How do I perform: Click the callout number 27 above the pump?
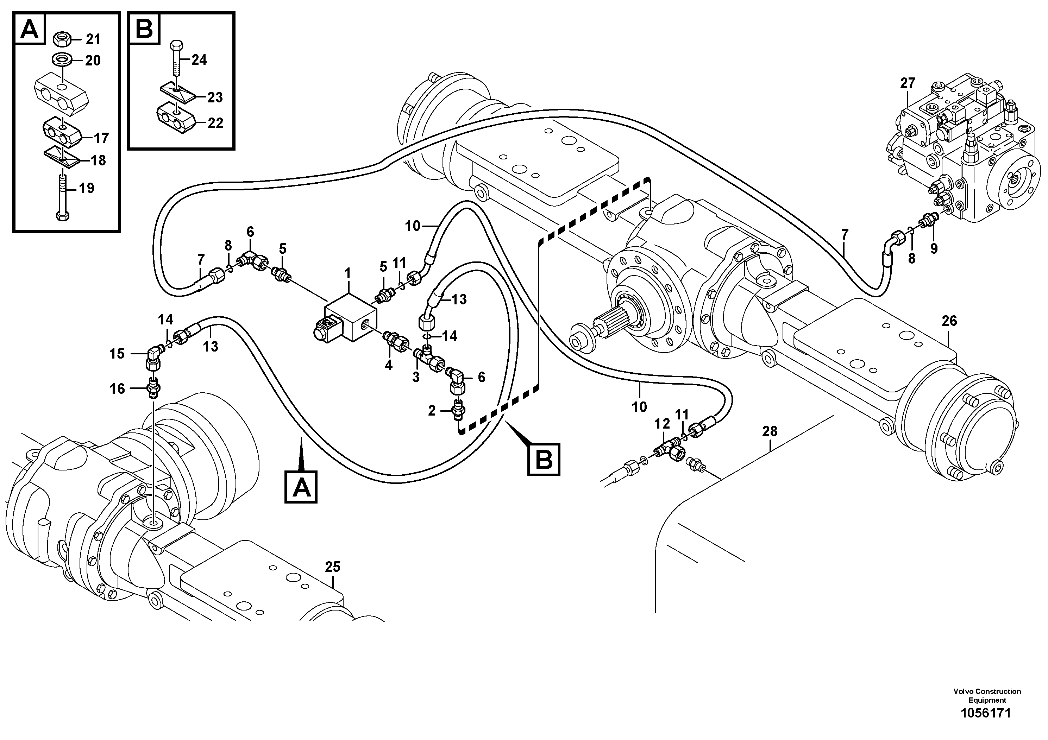[x=908, y=83]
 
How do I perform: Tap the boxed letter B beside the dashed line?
[x=544, y=460]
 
